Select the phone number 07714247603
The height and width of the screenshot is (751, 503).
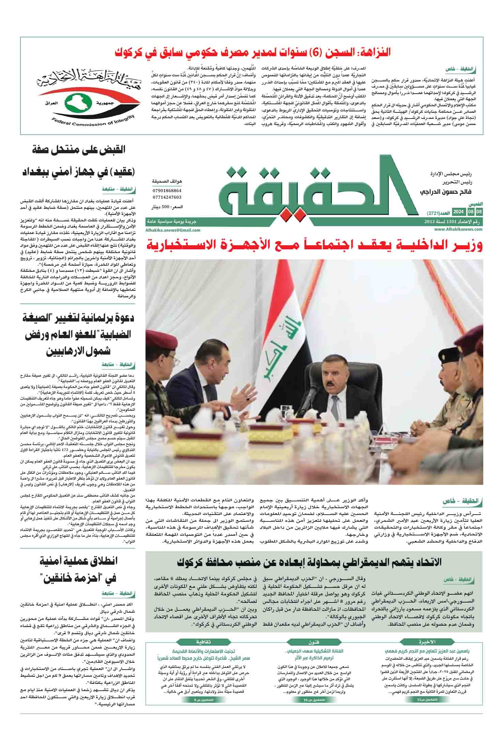coord(167,197)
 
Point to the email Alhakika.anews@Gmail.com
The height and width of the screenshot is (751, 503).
coord(173,230)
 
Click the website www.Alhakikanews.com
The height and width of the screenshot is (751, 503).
coord(454,230)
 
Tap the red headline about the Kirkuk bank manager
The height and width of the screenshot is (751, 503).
coord(252,53)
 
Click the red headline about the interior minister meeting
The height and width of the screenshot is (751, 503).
coord(314,246)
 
